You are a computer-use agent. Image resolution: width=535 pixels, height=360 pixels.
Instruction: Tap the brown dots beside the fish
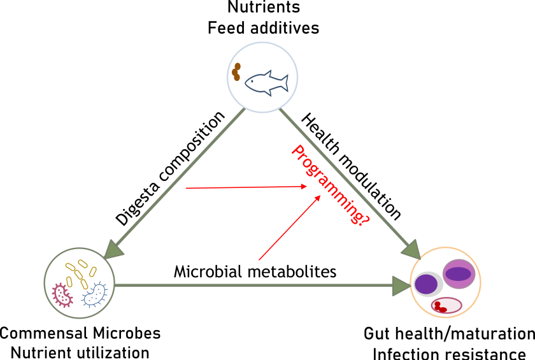click(x=236, y=71)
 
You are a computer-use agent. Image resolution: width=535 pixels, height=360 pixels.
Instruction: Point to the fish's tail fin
click(x=284, y=83)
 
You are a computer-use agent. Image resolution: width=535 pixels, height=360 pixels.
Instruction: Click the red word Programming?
click(x=329, y=185)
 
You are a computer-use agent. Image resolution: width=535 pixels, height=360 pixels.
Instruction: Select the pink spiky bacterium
click(x=62, y=294)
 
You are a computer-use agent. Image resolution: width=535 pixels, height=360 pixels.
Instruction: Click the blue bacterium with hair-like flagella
click(x=94, y=294)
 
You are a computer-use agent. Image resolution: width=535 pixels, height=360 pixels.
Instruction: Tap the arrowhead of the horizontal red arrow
click(x=303, y=187)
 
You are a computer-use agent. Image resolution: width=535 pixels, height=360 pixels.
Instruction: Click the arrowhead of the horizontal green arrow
click(x=401, y=285)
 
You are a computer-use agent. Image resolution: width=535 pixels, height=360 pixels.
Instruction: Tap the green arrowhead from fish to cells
click(x=411, y=249)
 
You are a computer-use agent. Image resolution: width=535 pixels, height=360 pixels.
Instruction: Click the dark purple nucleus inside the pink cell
click(x=458, y=273)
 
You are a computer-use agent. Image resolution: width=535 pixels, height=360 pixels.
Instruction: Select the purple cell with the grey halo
click(x=426, y=284)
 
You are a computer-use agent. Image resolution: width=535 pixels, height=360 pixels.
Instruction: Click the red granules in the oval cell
click(x=439, y=307)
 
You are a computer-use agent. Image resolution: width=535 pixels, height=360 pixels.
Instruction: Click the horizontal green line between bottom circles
click(x=255, y=285)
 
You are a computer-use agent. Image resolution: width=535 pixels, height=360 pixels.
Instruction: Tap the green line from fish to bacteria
click(x=178, y=178)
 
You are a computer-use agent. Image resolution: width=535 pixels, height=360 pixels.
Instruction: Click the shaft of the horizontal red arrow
click(x=242, y=187)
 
